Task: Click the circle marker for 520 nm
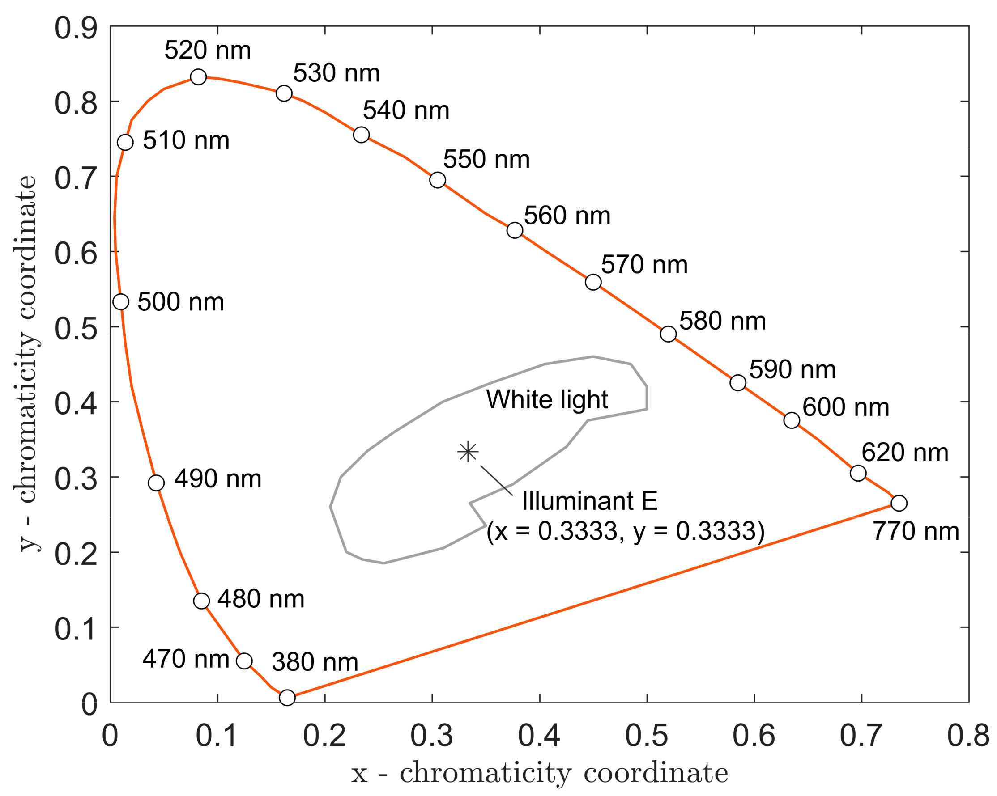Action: point(198,77)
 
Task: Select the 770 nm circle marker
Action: point(899,503)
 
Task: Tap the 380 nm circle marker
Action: point(287,698)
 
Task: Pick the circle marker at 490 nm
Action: point(156,483)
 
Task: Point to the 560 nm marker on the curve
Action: point(515,230)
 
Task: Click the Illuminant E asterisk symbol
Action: point(468,452)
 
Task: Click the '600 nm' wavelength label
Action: point(845,407)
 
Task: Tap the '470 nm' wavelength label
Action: point(185,659)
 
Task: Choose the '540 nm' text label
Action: point(405,110)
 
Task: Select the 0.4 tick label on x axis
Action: point(539,736)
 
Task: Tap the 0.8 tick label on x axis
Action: point(968,736)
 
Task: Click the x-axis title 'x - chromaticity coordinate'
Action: point(539,773)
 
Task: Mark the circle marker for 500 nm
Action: point(121,302)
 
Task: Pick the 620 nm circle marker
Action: point(858,473)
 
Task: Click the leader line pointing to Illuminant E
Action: point(497,481)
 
